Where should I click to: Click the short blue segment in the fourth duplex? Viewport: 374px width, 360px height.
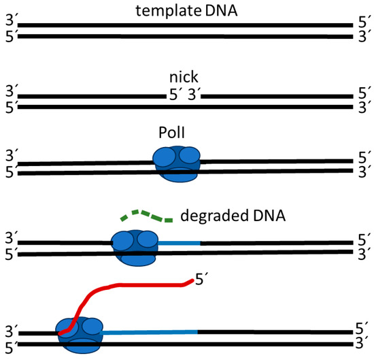(x=179, y=242)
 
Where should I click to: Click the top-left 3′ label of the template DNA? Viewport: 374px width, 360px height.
(x=9, y=25)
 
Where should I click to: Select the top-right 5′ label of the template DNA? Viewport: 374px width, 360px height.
(x=364, y=25)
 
